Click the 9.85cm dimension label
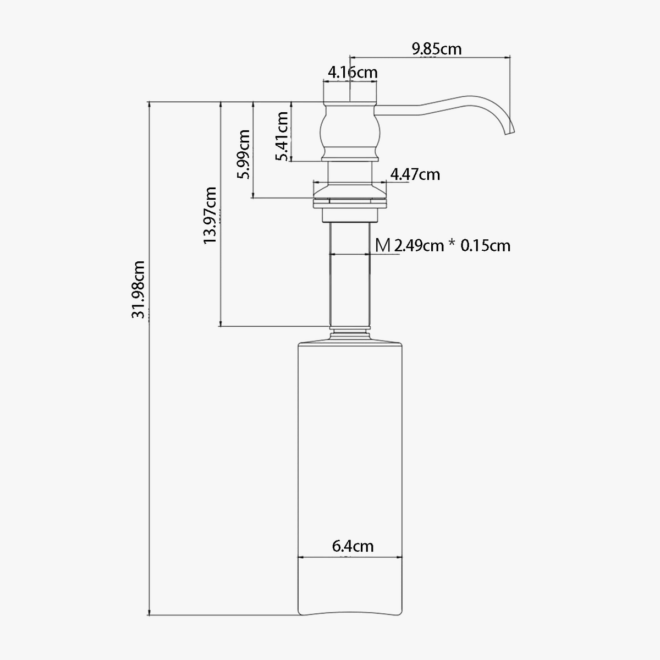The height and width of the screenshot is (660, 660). (x=437, y=50)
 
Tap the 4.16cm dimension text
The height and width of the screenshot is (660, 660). (x=353, y=73)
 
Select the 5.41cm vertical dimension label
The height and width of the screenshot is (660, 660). (x=282, y=136)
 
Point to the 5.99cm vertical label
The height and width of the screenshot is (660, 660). (x=244, y=154)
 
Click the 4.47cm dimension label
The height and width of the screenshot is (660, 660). (x=415, y=175)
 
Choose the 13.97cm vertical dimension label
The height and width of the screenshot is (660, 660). (x=210, y=216)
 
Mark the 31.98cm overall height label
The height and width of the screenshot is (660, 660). (x=139, y=290)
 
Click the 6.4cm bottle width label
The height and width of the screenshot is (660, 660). (x=353, y=546)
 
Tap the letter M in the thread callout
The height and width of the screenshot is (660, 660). (x=383, y=245)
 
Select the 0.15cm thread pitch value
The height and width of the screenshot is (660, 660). (x=485, y=246)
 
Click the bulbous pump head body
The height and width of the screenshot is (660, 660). (x=350, y=131)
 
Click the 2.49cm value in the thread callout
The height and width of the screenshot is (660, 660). (x=419, y=246)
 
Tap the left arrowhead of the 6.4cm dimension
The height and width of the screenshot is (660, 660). (x=301, y=557)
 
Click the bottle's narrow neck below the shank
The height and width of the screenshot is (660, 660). (x=350, y=332)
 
